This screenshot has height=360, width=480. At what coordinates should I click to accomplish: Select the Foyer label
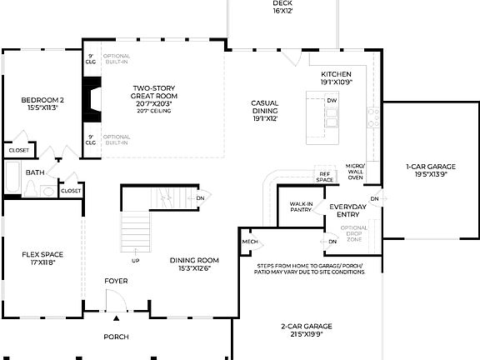tap(116, 282)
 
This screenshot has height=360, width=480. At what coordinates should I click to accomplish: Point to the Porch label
tap(116, 337)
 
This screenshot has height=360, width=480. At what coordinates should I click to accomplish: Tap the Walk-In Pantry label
tap(302, 207)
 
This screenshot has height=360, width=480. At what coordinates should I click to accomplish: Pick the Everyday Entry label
tap(348, 210)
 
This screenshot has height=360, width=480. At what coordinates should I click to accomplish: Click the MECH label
tap(250, 242)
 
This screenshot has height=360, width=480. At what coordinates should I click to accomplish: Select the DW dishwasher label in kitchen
tap(332, 100)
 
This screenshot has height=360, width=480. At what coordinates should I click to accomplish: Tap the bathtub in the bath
tap(12, 177)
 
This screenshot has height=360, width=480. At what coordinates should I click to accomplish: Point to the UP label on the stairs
tap(135, 261)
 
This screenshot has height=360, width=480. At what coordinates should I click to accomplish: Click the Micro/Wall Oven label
tap(356, 172)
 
